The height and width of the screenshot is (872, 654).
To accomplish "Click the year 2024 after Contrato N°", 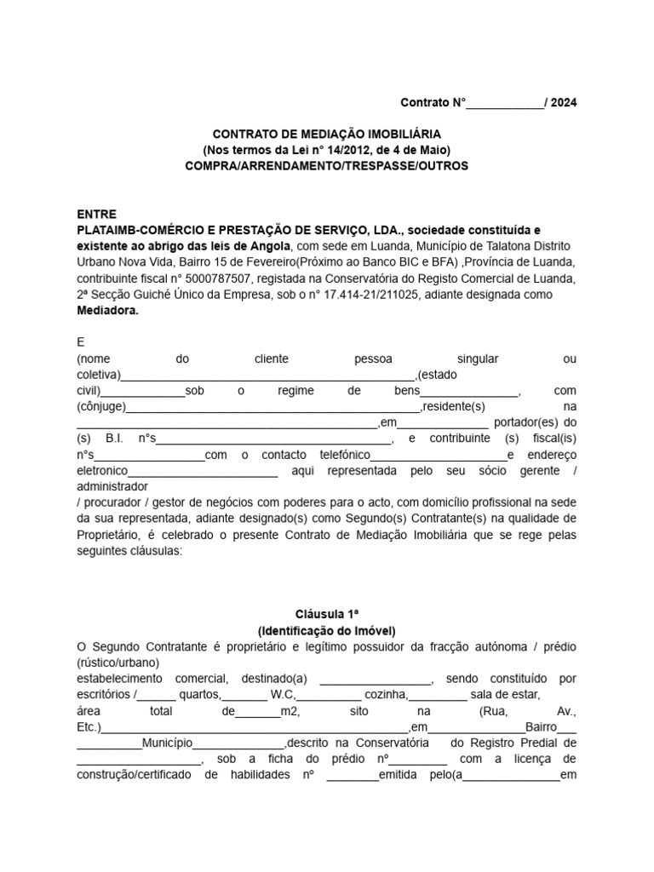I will click(x=563, y=103).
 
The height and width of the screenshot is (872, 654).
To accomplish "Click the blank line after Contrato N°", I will click(x=506, y=104).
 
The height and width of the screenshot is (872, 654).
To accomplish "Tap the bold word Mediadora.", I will click(x=107, y=311).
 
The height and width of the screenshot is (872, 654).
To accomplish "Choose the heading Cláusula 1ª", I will click(x=326, y=614).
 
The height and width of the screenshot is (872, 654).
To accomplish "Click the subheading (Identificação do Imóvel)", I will click(x=326, y=630).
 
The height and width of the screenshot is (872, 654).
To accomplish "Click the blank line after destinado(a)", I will click(x=376, y=679).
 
